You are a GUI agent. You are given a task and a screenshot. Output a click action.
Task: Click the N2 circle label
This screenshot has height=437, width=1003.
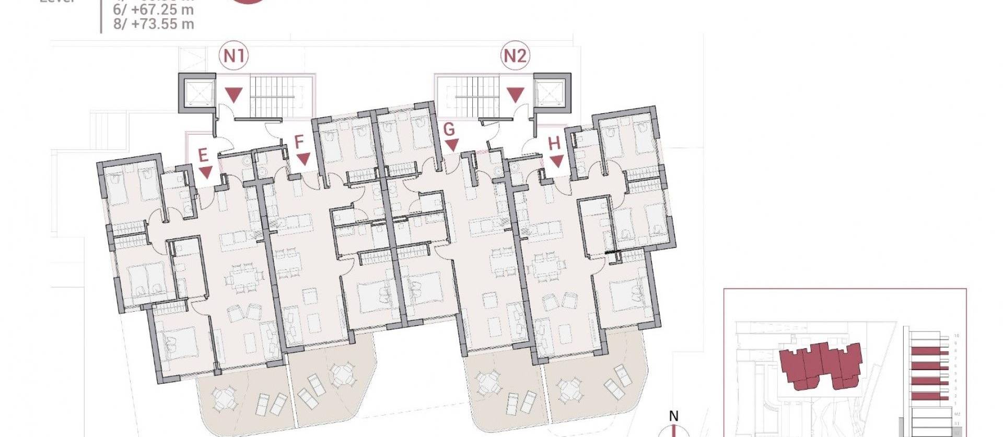pos(515,56)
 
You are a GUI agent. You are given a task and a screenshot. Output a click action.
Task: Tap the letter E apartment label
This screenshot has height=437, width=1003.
pos(203,155)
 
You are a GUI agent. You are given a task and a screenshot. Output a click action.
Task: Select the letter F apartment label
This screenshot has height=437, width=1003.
pos(299,142)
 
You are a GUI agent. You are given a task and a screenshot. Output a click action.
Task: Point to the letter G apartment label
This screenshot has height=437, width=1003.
pos(449,129)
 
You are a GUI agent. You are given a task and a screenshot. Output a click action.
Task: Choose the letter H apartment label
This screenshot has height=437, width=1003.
pos(554,143)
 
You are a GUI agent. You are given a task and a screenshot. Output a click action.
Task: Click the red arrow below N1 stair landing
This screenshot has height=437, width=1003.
pos(234,95)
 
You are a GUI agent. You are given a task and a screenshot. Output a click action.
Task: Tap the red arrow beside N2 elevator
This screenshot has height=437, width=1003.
pos(516,95)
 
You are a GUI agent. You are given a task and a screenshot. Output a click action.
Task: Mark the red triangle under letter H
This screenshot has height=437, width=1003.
pos(557,161)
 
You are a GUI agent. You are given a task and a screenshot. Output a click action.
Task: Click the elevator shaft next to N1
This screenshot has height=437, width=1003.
pos(197,93)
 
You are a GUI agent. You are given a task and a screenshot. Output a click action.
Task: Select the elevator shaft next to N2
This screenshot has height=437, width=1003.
pos(552,93)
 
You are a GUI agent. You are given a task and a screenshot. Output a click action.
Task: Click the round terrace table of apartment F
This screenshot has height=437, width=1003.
pos(342,375)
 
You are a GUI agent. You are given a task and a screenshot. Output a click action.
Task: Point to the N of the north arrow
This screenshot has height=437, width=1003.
pos(674,416)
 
